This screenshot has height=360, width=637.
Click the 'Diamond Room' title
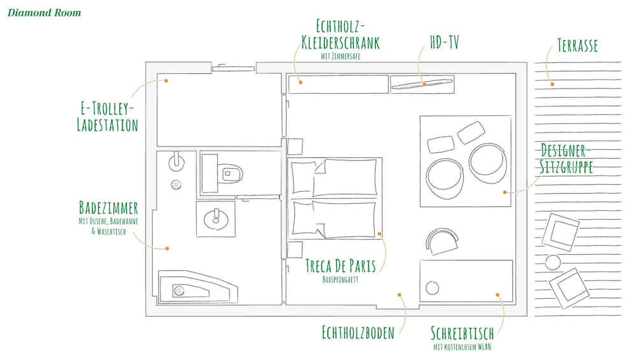click(x=45, y=13)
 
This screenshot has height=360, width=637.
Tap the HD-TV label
click(x=444, y=42)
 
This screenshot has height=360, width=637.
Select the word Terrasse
click(x=577, y=45)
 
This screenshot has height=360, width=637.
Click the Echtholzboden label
click(x=358, y=333)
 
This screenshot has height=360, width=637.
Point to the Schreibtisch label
click(x=462, y=333)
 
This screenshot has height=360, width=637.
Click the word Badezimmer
click(x=108, y=208)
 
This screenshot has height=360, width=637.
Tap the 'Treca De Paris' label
click(x=340, y=266)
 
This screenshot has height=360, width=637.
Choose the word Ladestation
click(x=108, y=125)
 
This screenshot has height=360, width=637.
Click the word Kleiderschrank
click(x=340, y=43)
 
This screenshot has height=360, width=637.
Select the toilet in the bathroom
click(x=230, y=174)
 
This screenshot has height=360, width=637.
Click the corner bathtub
click(x=198, y=287)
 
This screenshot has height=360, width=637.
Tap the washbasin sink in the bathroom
click(x=216, y=219)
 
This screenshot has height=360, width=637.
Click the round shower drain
click(x=176, y=185)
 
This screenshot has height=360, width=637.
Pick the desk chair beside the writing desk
click(x=442, y=241)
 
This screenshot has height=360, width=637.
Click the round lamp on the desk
click(x=433, y=288)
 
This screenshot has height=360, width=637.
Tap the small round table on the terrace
click(x=552, y=262)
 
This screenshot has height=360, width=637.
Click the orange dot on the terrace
click(x=552, y=84)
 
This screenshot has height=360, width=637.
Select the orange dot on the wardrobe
click(x=301, y=82)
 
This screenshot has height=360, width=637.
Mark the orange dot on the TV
click(x=424, y=84)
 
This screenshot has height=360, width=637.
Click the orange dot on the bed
click(x=379, y=234)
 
